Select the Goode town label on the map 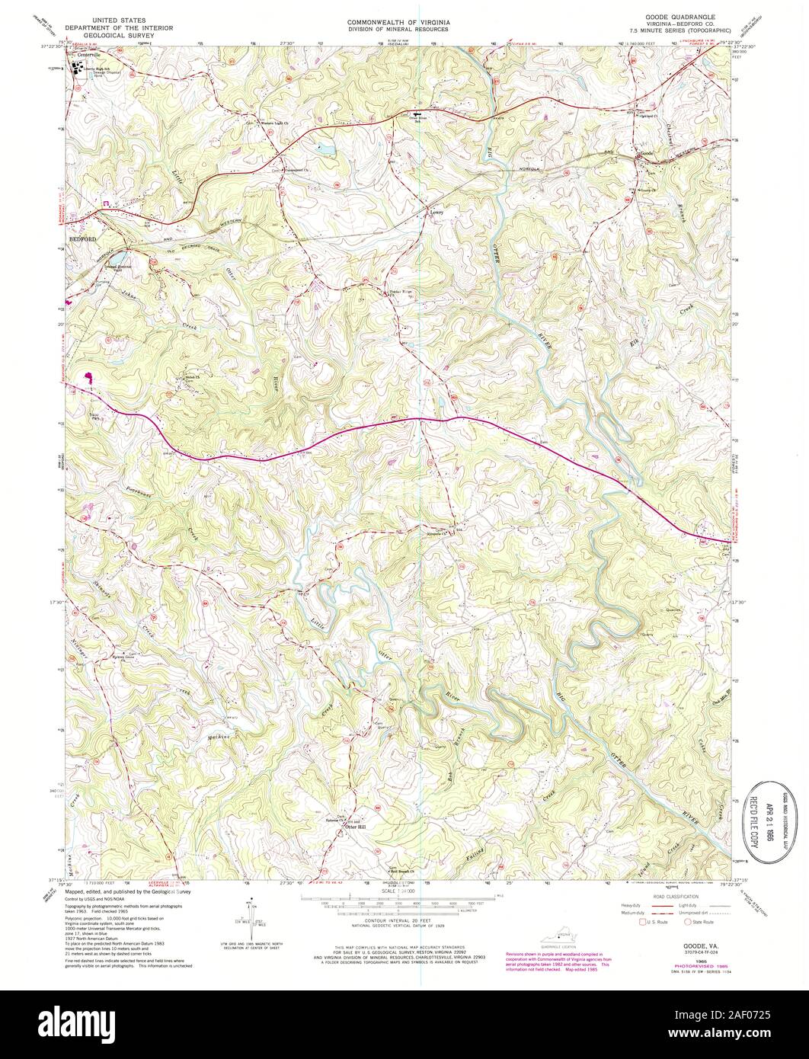click(x=647, y=154)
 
